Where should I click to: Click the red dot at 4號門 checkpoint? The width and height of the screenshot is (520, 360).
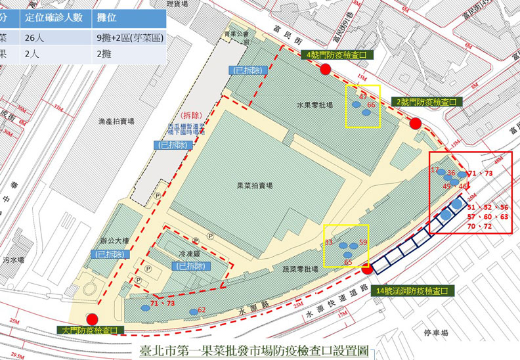pyautogui.click(x=325, y=70)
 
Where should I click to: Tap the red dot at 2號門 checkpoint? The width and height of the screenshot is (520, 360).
pyautogui.click(x=414, y=124)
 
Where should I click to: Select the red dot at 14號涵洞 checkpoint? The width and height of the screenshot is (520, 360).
pyautogui.click(x=367, y=267)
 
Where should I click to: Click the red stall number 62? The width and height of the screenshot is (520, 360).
pyautogui.click(x=202, y=309)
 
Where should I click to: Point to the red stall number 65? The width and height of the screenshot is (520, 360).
pyautogui.click(x=349, y=263)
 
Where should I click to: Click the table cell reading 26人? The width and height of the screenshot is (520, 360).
pyautogui.click(x=34, y=38)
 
